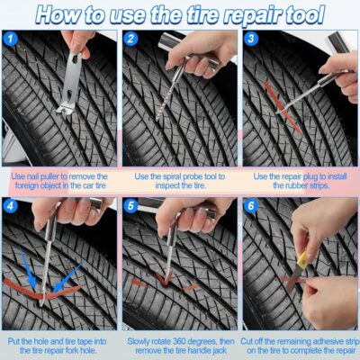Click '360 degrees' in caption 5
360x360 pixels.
(187, 340)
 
